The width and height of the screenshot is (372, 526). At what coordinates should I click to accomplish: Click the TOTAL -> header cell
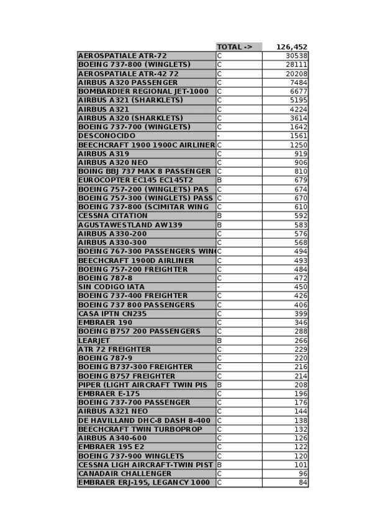pyautogui.click(x=235, y=47)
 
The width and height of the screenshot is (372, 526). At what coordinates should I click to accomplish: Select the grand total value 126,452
pyautogui.click(x=292, y=47)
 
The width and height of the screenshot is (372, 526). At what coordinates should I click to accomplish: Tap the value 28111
pyautogui.click(x=296, y=65)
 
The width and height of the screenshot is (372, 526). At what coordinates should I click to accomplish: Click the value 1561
pyautogui.click(x=298, y=136)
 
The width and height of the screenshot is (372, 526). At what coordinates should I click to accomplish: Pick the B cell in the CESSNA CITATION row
pyautogui.click(x=219, y=216)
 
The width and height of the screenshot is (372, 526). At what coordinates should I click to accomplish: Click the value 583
pyautogui.click(x=301, y=225)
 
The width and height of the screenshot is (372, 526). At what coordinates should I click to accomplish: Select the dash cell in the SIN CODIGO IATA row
pyautogui.click(x=219, y=287)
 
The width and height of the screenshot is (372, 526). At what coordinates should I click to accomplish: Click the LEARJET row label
pyautogui.click(x=94, y=341)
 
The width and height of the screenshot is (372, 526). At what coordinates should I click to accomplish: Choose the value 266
pyautogui.click(x=301, y=341)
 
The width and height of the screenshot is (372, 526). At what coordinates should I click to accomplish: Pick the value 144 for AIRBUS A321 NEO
pyautogui.click(x=301, y=411)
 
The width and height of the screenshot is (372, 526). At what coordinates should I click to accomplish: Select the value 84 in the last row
pyautogui.click(x=303, y=483)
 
